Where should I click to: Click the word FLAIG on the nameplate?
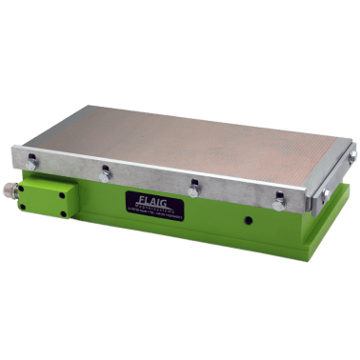pyautogui.click(x=151, y=202)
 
